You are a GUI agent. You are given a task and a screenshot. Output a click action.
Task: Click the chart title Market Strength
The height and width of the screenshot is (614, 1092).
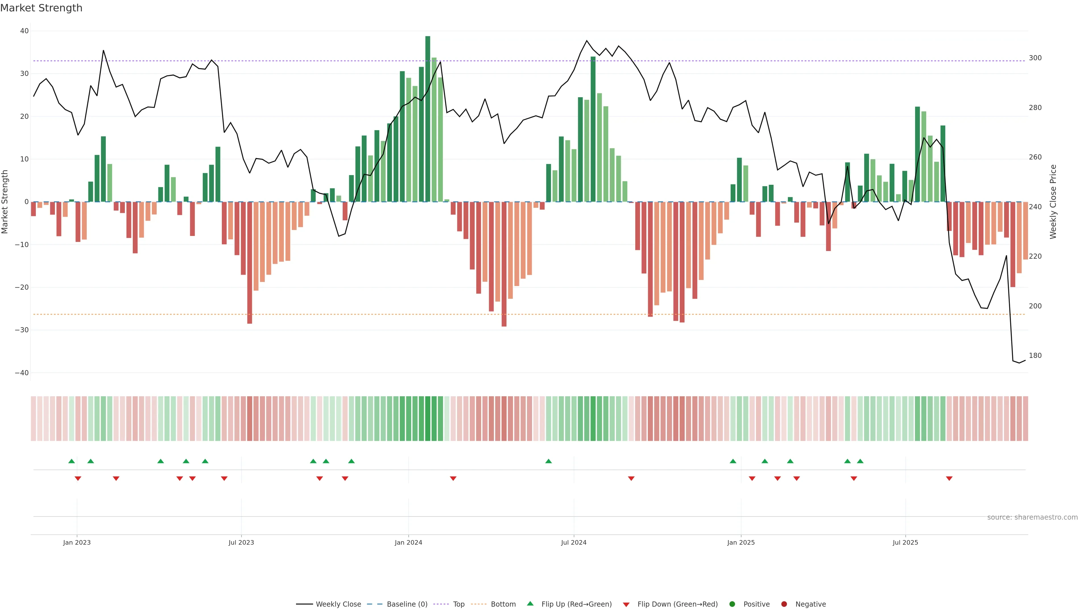pyautogui.click(x=41, y=8)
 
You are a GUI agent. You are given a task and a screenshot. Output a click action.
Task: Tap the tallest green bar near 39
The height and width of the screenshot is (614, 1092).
pyautogui.click(x=428, y=119)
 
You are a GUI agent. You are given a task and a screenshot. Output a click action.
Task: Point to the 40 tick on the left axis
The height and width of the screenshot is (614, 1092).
pyautogui.click(x=24, y=31)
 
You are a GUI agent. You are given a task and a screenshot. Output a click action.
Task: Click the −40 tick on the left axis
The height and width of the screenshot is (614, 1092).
pyautogui.click(x=22, y=373)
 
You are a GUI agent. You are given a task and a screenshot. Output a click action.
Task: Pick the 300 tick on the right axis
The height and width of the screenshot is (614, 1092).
pyautogui.click(x=1035, y=58)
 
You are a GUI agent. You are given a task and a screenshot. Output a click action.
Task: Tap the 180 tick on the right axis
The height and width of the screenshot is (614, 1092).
pyautogui.click(x=1035, y=356)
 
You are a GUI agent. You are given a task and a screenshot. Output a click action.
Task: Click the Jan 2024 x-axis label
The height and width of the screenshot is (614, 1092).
pyautogui.click(x=408, y=542)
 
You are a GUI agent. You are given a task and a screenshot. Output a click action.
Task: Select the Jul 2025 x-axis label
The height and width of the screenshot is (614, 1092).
pyautogui.click(x=905, y=542)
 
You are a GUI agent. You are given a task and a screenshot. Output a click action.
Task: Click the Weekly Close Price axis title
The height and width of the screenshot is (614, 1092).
pyautogui.click(x=1053, y=202)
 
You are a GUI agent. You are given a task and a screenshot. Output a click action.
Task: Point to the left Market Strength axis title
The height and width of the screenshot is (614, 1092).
pyautogui.click(x=5, y=202)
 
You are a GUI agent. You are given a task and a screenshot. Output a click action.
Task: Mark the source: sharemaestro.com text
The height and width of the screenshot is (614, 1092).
pyautogui.click(x=1032, y=517)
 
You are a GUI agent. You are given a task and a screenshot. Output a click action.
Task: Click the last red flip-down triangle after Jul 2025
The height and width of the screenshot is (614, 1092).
pyautogui.click(x=949, y=478)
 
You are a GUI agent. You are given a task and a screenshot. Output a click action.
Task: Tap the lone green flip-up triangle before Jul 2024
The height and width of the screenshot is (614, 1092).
pyautogui.click(x=549, y=461)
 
